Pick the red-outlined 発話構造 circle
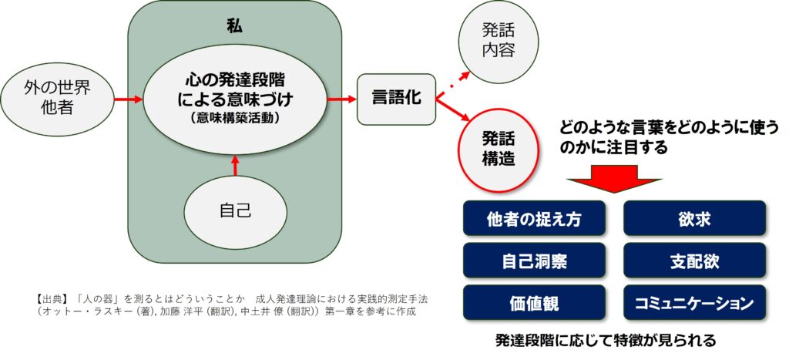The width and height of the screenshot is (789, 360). pyautogui.click(x=498, y=149)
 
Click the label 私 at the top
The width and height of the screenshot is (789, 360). pyautogui.click(x=235, y=26)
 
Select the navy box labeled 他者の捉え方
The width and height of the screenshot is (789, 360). pyautogui.click(x=533, y=219)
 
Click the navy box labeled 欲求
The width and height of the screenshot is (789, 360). pyautogui.click(x=694, y=219)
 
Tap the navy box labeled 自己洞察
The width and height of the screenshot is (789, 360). pyautogui.click(x=533, y=261)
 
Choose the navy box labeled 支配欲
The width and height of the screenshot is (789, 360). pyautogui.click(x=694, y=261)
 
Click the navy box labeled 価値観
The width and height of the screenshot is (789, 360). pyautogui.click(x=533, y=303)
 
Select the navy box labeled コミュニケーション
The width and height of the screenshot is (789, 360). pyautogui.click(x=694, y=303)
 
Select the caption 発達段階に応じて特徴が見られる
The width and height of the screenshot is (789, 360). pyautogui.click(x=606, y=340)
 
